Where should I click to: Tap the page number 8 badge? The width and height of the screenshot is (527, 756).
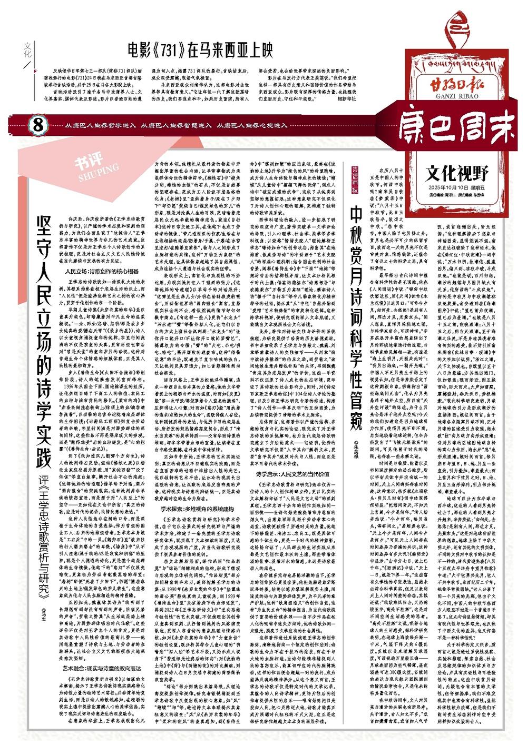37,125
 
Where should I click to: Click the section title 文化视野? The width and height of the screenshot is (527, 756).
457,172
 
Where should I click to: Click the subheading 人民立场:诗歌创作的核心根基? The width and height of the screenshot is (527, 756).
102,272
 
